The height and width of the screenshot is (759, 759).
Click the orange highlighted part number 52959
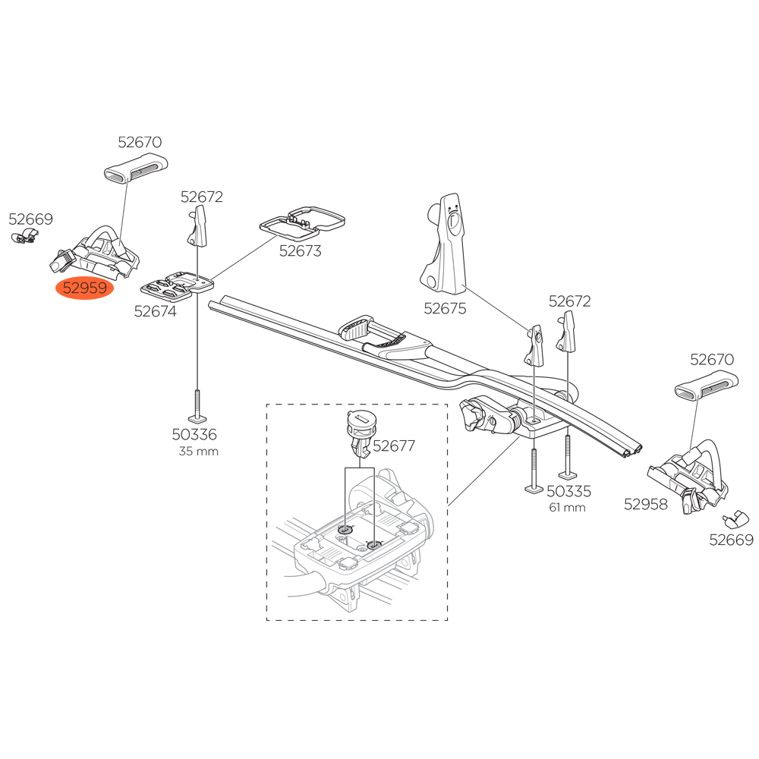pyautogui.click(x=84, y=288)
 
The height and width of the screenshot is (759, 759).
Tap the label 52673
pyautogui.click(x=300, y=251)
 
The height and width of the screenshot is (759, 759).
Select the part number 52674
pyautogui.click(x=155, y=310)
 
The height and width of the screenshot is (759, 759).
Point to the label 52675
pyautogui.click(x=445, y=308)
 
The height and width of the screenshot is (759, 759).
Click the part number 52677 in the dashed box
pyautogui.click(x=393, y=446)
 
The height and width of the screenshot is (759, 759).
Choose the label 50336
pyautogui.click(x=194, y=435)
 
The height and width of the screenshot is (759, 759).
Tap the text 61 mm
pyautogui.click(x=567, y=507)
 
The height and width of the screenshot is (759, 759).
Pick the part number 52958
pyautogui.click(x=646, y=503)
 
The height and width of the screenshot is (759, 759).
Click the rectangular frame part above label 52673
pyautogui.click(x=303, y=219)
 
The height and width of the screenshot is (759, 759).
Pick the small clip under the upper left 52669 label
pyautogui.click(x=26, y=238)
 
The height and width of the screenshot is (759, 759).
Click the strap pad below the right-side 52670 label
pyautogui.click(x=705, y=389)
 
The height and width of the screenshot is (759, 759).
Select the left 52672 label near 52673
pyautogui.click(x=201, y=197)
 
